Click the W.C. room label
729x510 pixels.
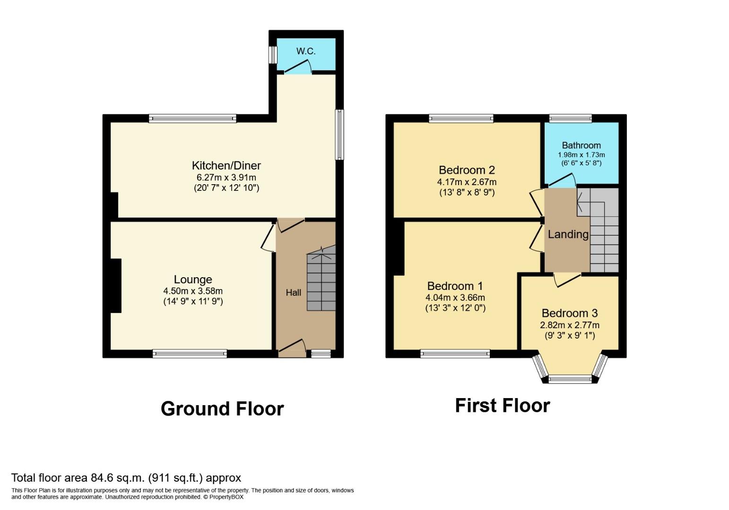pos(306,51)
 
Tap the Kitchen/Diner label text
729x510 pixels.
pos(226,166)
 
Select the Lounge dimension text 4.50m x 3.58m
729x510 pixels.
pos(192,291)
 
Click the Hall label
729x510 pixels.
pos(293,293)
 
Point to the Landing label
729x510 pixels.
pos(568,234)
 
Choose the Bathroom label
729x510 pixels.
pos(581,145)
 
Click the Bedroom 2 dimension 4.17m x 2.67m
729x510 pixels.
pos(467,182)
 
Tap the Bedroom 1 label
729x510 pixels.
pos(455,286)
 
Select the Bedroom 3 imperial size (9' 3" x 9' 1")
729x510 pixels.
pos(569,336)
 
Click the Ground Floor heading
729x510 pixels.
pos(222,409)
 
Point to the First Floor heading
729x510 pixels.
pos(502,406)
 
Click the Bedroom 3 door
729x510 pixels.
pos(567,280)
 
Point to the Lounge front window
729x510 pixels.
pos(190,354)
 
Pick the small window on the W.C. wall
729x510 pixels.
pos(273,55)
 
